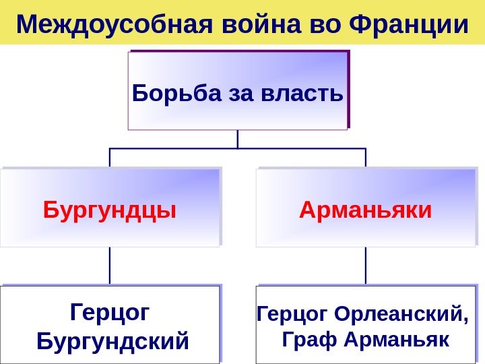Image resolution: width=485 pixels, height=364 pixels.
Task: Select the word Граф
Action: (x=307, y=338)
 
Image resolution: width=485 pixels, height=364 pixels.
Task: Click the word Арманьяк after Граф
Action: (x=396, y=338)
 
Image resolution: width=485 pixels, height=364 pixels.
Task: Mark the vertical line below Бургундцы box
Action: (x=110, y=266)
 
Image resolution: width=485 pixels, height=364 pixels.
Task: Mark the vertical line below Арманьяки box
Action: (x=366, y=266)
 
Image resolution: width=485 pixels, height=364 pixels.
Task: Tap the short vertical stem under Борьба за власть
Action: (x=238, y=139)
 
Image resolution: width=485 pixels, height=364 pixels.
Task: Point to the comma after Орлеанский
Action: (x=464, y=319)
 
